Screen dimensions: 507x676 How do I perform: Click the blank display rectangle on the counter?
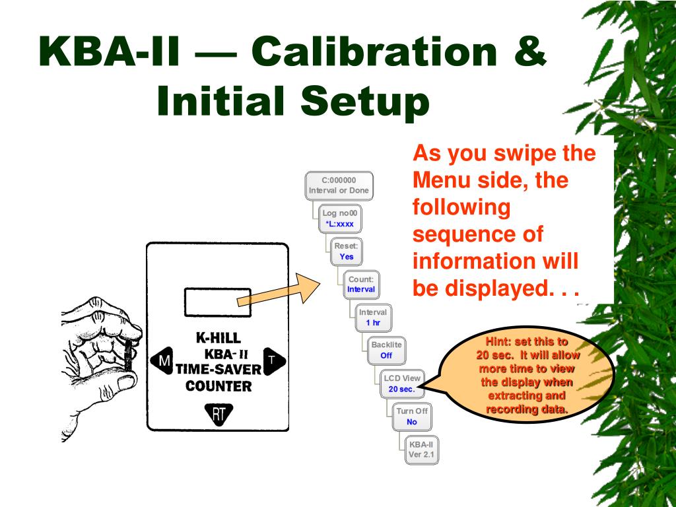point(217,302)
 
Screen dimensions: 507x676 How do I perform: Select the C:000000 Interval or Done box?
point(339,186)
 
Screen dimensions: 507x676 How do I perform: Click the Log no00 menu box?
point(339,219)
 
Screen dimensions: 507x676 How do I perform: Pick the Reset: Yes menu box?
point(347,251)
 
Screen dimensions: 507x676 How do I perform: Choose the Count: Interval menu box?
point(360,284)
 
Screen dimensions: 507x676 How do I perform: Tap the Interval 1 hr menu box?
point(373,317)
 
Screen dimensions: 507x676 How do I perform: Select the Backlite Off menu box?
point(386,350)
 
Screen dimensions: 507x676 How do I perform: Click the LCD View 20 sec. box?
point(401,383)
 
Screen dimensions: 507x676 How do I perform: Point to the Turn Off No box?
point(412,416)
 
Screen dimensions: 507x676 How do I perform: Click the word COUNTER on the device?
point(219,386)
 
